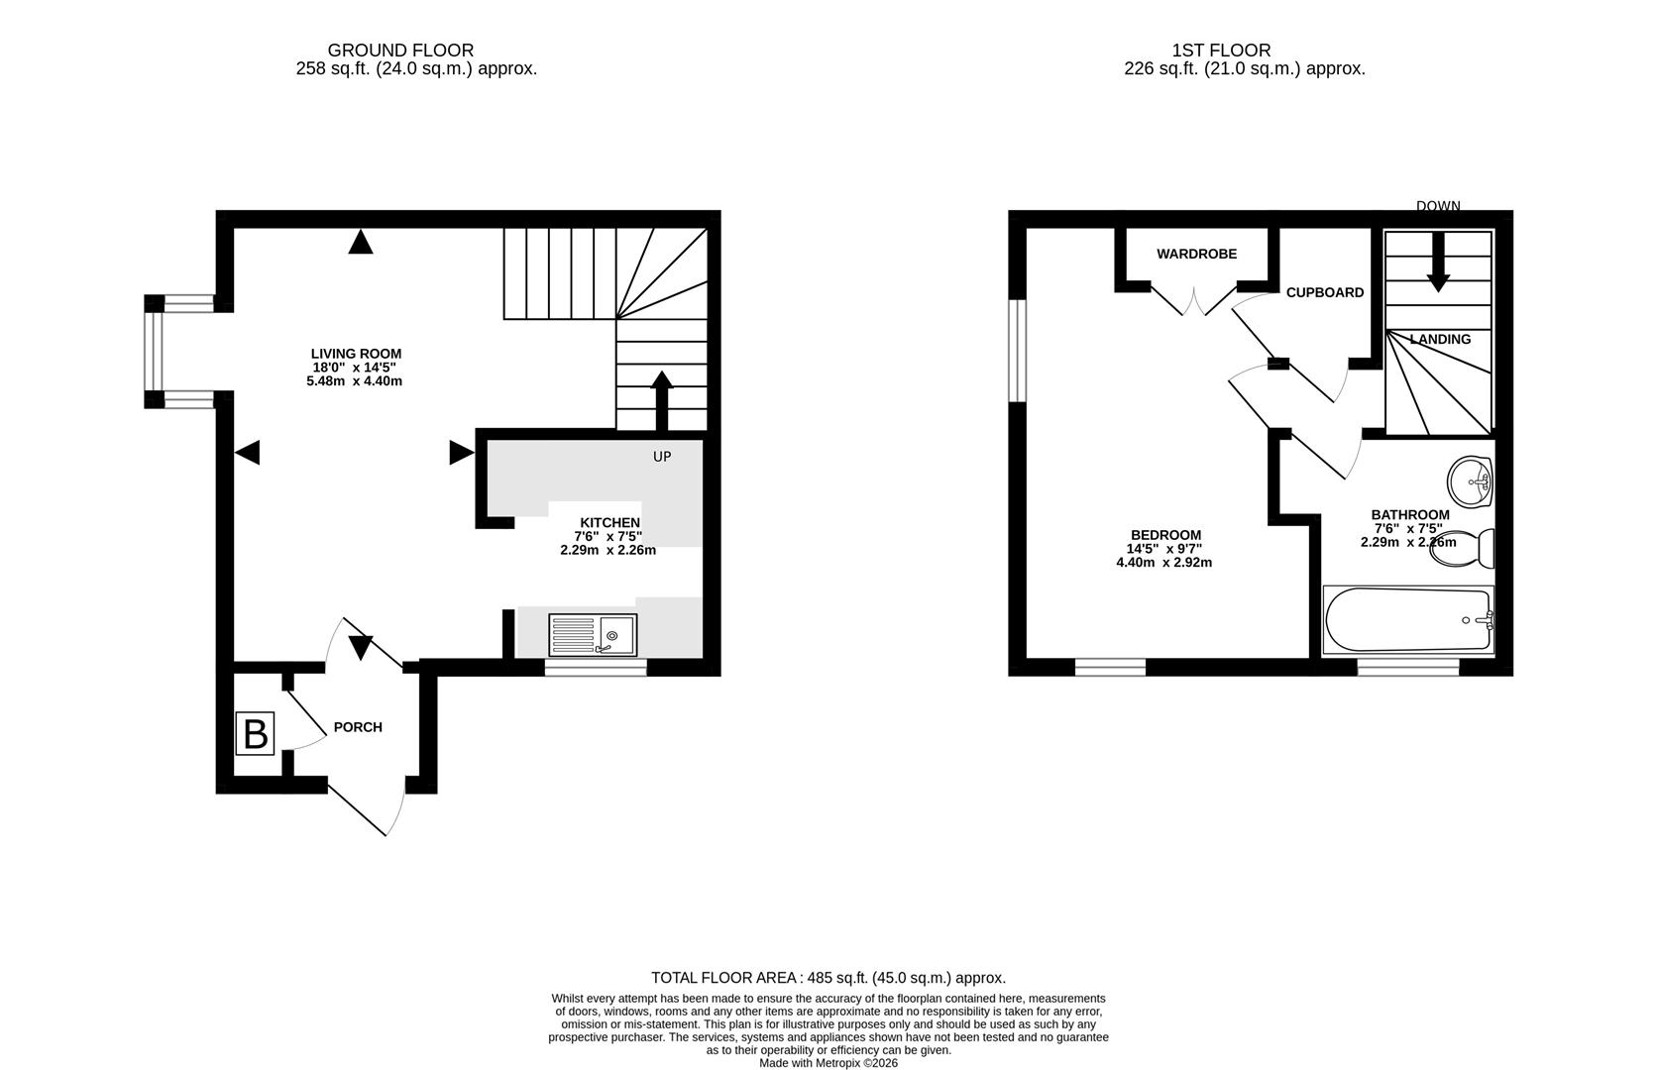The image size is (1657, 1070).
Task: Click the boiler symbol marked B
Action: pos(256,733)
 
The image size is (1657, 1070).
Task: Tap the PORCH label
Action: pos(358,727)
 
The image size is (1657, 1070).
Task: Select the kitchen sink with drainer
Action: pos(593,634)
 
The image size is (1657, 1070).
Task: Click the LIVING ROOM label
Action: pos(356,354)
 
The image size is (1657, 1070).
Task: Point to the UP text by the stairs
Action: pos(662,457)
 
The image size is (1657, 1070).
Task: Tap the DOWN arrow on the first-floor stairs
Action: pos(1439,263)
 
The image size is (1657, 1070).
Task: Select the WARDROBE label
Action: pos(1197,255)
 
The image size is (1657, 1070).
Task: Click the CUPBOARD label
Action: pos(1325,293)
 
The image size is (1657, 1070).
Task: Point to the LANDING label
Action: pos(1440,340)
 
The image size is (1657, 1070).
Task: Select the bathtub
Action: pos(1408,619)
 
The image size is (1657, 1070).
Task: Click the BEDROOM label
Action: pos(1165,535)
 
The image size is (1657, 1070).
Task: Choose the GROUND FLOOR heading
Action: pos(401,51)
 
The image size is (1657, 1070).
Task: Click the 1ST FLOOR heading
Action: pos(1221,51)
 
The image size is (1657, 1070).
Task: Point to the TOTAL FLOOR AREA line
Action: pos(828,978)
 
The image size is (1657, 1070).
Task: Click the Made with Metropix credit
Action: pos(828,1063)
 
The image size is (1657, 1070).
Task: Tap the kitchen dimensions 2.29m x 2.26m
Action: pos(608,550)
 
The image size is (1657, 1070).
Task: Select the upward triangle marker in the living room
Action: pos(361,242)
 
